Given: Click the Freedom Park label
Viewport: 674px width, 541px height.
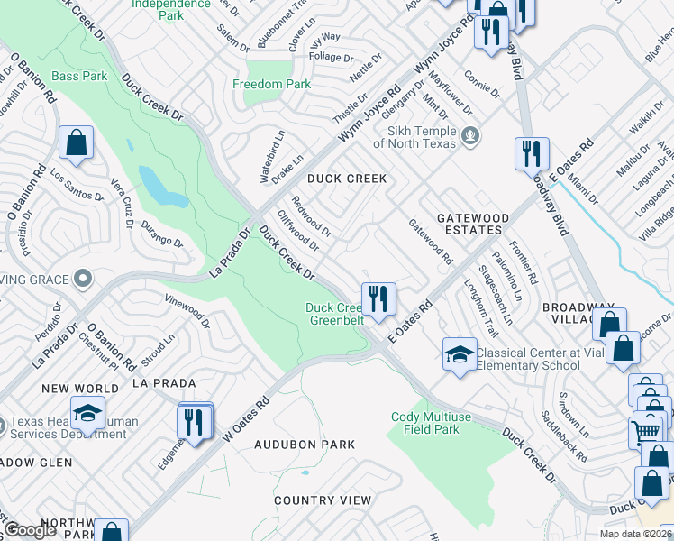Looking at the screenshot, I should click(x=271, y=84).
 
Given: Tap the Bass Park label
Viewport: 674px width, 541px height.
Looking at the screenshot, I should click(x=79, y=77).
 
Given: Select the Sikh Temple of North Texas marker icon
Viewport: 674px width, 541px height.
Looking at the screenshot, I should click(x=469, y=136).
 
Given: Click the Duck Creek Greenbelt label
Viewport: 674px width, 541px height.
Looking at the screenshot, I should click(x=335, y=314).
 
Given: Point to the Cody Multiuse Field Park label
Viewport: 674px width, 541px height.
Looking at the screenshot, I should click(x=437, y=423).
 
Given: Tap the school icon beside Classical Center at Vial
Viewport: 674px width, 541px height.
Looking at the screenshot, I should click(x=460, y=353).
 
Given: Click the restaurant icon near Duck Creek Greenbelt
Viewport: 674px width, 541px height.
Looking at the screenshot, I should click(x=378, y=298).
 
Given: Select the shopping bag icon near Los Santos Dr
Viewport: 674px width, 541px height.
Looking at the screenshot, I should click(x=77, y=142).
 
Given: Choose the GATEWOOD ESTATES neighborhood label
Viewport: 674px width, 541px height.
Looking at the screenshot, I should click(x=472, y=224).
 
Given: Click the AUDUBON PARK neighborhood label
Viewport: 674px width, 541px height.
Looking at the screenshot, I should click(x=304, y=445).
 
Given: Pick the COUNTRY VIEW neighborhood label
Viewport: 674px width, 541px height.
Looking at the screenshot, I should click(x=322, y=500).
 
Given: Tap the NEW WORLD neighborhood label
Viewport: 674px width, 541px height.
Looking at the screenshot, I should click(x=79, y=389).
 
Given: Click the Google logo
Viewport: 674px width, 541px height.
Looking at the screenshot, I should click(x=31, y=530).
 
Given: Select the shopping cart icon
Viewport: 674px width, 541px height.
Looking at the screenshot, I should click(x=644, y=432).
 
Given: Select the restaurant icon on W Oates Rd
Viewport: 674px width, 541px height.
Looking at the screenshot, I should click(x=194, y=421).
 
